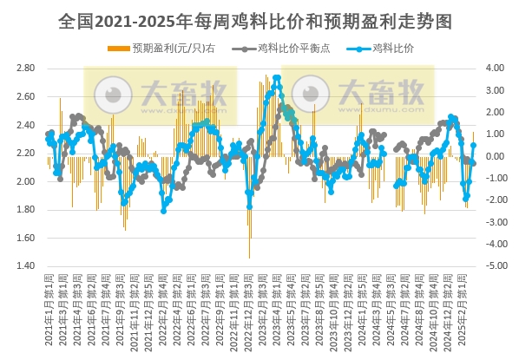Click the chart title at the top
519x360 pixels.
tap(259, 18)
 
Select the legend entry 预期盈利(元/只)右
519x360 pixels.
tap(174, 49)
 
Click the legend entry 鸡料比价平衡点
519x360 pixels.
tap(286, 49)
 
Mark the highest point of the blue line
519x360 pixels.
tap(277, 77)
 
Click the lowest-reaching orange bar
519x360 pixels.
tap(249, 258)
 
